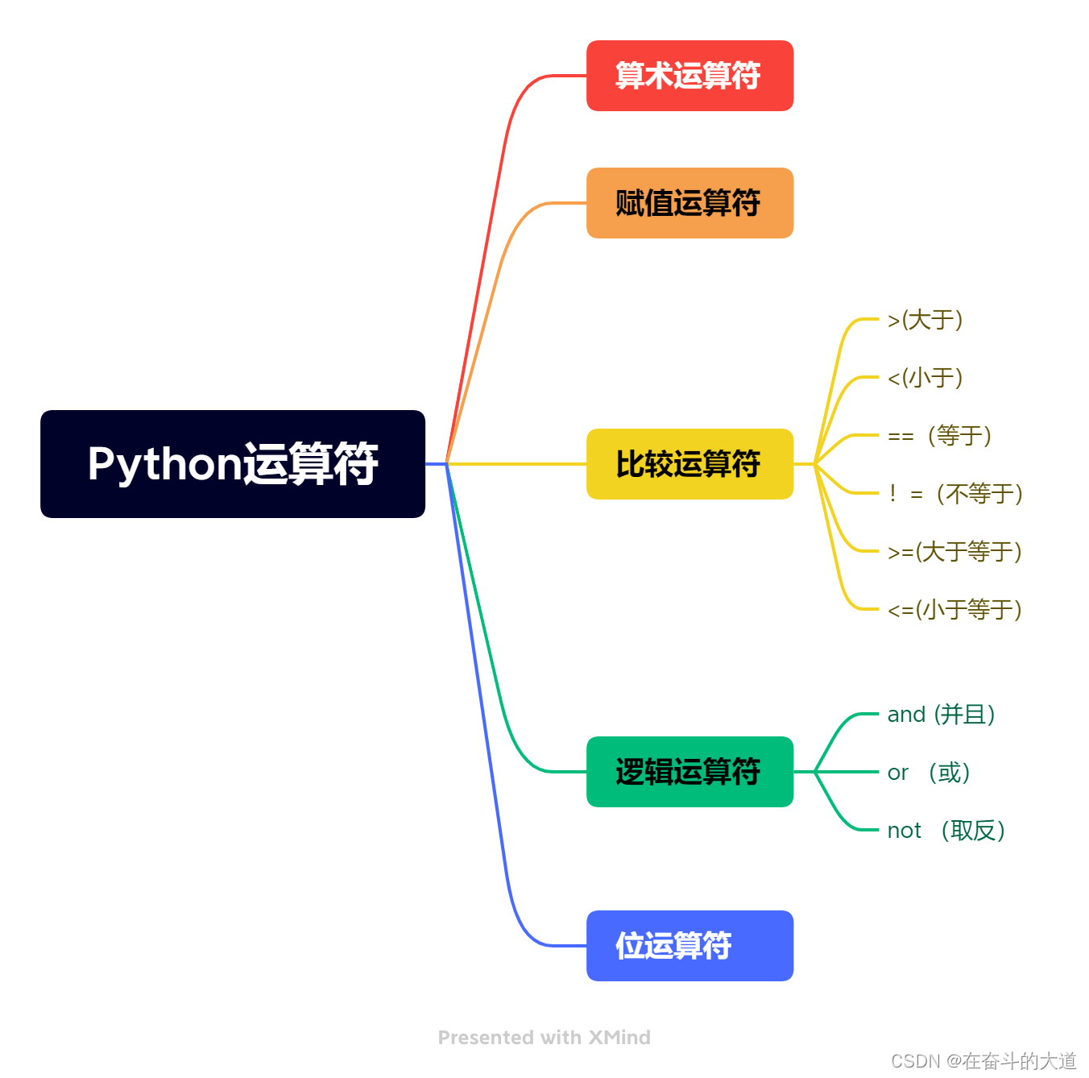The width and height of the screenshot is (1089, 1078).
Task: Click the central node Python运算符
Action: (233, 464)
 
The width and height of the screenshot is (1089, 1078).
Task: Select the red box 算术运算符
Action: (689, 76)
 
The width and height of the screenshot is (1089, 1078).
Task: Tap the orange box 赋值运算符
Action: (689, 203)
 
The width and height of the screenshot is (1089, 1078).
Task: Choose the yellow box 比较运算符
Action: (689, 464)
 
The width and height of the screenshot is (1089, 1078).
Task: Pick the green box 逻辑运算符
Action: (689, 772)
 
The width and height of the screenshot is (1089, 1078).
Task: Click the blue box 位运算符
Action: (689, 946)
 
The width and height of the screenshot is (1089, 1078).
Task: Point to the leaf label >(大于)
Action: (925, 320)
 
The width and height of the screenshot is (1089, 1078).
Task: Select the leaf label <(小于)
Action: (925, 378)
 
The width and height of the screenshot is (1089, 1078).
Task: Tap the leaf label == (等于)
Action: (939, 436)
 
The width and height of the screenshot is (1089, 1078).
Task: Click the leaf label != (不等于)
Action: (955, 494)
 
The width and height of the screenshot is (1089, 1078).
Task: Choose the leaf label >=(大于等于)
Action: (954, 552)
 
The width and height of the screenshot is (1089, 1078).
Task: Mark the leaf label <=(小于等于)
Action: (954, 610)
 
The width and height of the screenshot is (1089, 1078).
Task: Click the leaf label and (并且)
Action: (941, 715)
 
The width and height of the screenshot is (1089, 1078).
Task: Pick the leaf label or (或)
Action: (929, 773)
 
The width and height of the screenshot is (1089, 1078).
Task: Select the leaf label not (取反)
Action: (946, 831)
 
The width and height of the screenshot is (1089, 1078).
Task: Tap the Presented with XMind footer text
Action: (544, 1038)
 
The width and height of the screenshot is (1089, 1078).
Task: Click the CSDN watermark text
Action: (983, 1061)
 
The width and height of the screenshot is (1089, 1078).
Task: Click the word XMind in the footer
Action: (619, 1038)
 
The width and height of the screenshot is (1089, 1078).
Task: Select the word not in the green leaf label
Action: (904, 831)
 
